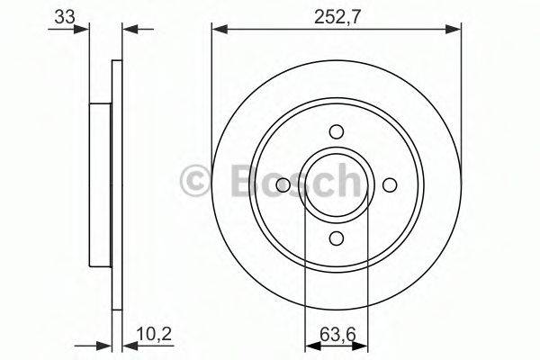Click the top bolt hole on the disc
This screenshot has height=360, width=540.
point(337,130)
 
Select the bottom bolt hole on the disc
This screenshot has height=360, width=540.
point(337,238)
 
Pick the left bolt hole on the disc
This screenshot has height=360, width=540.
point(283,184)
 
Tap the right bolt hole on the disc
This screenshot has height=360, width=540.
point(390,184)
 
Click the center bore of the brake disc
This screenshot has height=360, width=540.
point(337,184)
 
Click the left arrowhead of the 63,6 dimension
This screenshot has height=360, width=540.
point(311,350)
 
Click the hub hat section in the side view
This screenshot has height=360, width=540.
point(101,184)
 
